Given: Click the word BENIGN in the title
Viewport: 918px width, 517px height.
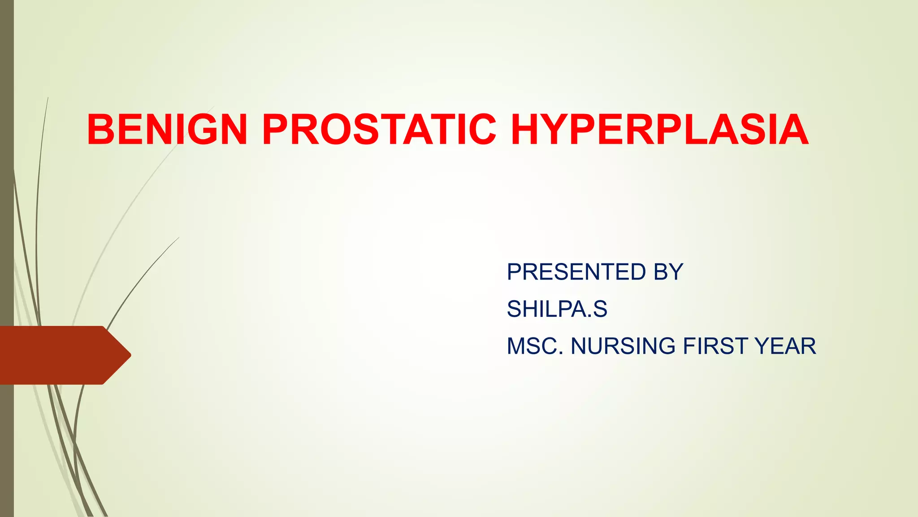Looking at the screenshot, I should pos(167,130).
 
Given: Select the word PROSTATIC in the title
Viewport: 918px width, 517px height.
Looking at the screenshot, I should pos(379,130).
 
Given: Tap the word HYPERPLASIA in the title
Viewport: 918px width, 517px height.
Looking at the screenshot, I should pos(659,130).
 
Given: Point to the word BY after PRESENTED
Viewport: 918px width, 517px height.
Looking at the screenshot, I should pos(668,272).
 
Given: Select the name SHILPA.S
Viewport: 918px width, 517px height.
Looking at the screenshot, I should pos(557,309).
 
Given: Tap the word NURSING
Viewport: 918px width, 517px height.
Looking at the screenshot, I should pos(623,346).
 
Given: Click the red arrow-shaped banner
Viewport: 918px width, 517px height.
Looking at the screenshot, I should pos(58,355).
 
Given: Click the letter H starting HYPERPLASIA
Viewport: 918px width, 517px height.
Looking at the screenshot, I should pos(527,130).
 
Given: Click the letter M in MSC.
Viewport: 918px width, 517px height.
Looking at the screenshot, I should pos(516,346).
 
